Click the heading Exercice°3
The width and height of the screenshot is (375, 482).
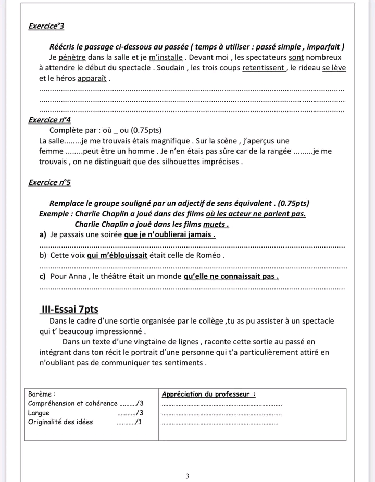pyautogui.click(x=46, y=26)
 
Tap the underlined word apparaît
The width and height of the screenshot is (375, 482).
pyautogui.click(x=92, y=79)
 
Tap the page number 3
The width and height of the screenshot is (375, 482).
pyautogui.click(x=187, y=461)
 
